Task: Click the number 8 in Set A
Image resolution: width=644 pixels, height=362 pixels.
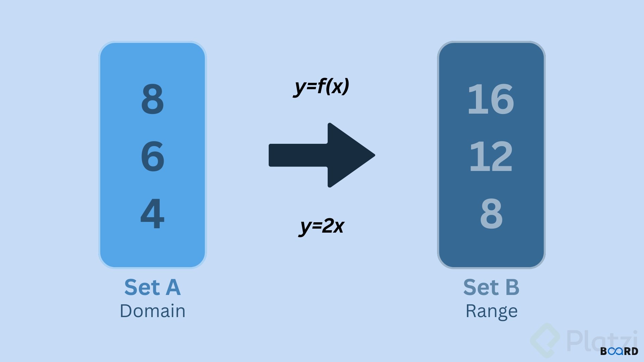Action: [153, 99]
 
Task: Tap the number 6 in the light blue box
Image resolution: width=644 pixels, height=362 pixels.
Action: [153, 156]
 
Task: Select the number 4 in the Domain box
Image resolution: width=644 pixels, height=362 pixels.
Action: [153, 213]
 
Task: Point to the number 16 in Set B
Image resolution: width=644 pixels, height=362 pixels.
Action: [491, 99]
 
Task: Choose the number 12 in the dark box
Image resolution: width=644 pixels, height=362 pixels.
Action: [491, 156]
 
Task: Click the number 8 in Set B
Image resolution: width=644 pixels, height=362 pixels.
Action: [491, 213]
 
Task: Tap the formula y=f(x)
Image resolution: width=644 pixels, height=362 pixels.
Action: [321, 86]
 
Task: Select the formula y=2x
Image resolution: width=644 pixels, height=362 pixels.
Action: [321, 226]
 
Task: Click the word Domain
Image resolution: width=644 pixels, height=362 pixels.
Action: [153, 311]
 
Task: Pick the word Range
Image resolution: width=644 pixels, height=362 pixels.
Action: [491, 311]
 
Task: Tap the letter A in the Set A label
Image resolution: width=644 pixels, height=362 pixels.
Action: [173, 288]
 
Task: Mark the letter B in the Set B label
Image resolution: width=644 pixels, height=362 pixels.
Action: [512, 288]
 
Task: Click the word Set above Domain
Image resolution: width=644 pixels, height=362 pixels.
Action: [142, 288]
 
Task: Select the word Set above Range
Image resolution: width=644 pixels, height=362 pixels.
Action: [481, 288]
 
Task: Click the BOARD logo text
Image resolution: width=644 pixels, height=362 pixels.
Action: [619, 351]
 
